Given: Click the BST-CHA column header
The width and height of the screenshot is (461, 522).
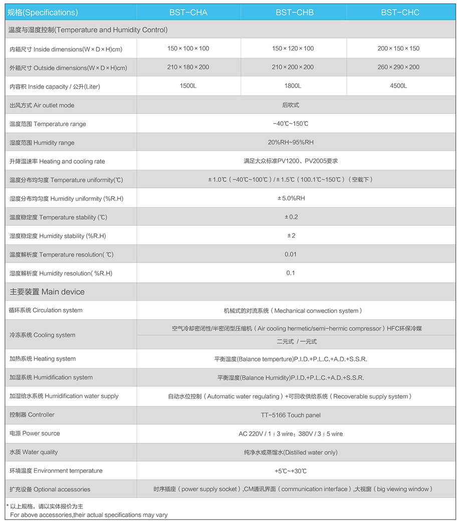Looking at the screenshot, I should tap(188, 13).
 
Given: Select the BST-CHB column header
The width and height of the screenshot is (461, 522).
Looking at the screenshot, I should tap(295, 13).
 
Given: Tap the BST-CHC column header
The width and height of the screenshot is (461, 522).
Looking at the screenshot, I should tap(400, 13).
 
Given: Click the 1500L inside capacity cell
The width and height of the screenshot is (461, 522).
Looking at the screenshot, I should tap(188, 86).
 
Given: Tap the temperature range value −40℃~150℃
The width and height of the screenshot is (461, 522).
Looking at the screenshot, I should tap(291, 124).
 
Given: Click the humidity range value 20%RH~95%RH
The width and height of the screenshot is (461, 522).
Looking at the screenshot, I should tap(291, 143).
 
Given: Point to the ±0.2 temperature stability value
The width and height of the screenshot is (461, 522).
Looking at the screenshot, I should tap(291, 217).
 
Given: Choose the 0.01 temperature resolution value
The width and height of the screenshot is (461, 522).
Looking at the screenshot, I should tap(291, 254).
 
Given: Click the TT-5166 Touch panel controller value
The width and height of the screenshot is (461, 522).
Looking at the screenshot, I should tap(291, 415).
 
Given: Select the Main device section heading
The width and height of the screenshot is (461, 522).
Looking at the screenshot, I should tap(47, 292).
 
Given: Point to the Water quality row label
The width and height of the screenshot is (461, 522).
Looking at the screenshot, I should tap(34, 452).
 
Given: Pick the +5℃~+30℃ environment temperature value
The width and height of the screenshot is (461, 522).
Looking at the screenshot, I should tap(291, 471).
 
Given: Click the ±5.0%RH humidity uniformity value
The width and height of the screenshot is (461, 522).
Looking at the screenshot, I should tap(291, 198).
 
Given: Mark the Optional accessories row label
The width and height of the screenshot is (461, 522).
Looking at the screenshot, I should tap(50, 489).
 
